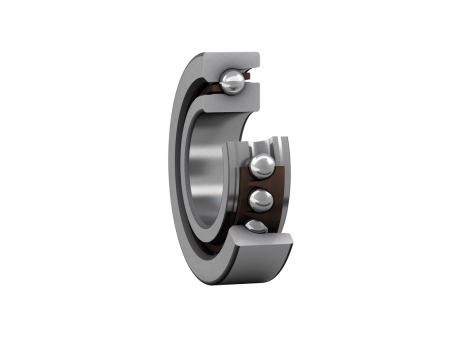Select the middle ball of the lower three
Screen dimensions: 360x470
(261, 196)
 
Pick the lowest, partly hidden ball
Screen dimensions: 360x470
(257, 226)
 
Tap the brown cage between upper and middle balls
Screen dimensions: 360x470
(262, 181)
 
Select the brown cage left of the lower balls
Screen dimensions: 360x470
(240, 195)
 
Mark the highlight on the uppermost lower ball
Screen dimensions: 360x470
(257, 161)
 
